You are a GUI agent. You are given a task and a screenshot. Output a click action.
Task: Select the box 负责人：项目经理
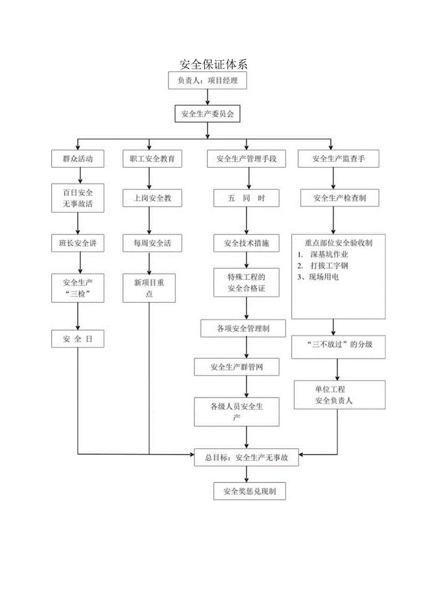click(208, 80)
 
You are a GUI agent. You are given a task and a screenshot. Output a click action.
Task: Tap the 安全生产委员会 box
click(208, 114)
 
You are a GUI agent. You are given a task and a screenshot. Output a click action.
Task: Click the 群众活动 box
click(77, 159)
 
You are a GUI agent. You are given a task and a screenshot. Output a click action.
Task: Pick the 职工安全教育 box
click(149, 159)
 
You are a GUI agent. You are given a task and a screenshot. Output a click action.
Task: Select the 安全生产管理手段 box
click(247, 159)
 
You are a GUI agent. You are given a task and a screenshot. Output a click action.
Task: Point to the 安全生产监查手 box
click(339, 159)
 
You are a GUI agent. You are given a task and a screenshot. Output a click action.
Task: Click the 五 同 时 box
click(247, 198)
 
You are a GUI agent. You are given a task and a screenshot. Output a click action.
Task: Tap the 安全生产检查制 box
click(339, 198)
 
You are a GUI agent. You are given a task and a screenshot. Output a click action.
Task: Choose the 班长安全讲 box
click(77, 243)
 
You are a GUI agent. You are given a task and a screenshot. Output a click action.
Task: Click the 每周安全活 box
click(149, 243)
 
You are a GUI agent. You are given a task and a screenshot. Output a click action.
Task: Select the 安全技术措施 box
click(247, 243)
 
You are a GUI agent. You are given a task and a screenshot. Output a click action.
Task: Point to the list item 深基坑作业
click(329, 255)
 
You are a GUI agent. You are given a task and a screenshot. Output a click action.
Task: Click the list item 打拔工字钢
click(329, 266)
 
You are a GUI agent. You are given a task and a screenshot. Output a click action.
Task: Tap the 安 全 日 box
click(77, 339)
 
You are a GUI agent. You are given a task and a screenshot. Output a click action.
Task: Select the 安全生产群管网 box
click(236, 367)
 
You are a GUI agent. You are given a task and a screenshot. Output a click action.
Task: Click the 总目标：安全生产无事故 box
click(247, 458)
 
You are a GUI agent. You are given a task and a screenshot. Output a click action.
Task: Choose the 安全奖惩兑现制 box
click(249, 491)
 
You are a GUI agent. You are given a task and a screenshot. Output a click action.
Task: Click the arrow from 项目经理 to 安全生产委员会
click(208, 97)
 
